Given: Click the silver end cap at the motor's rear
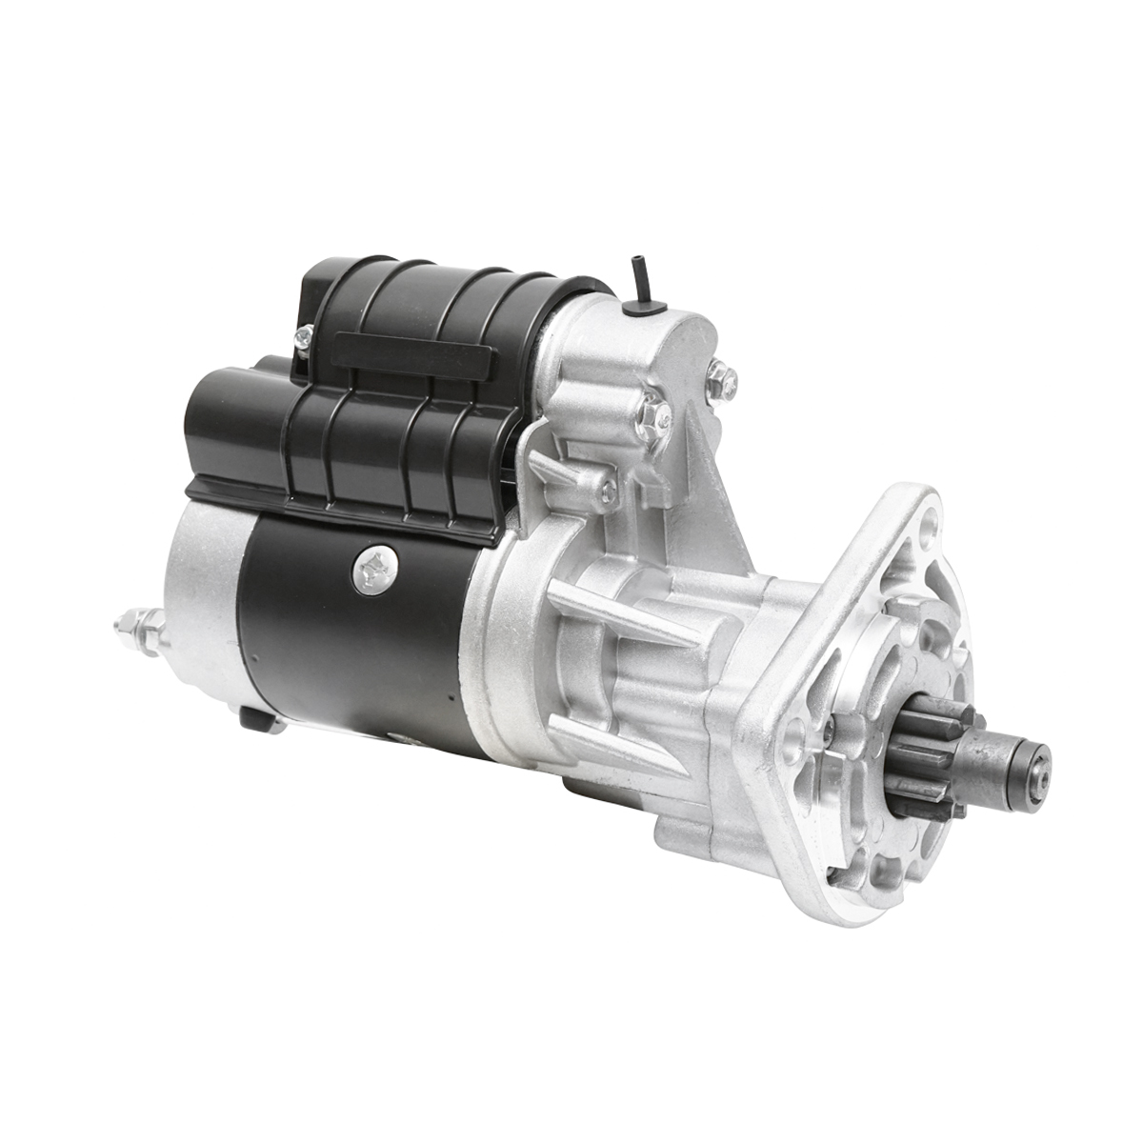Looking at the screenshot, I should (195, 619).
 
